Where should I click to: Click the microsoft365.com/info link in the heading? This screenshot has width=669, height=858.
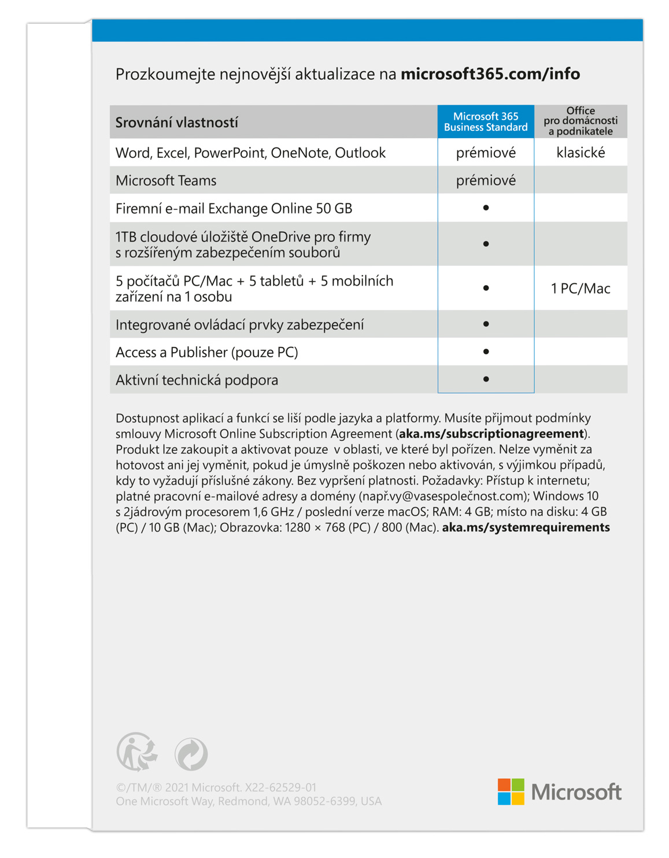click(490, 74)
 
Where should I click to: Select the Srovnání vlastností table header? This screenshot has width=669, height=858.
click(176, 123)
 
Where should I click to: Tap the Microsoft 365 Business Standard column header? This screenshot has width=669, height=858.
click(486, 122)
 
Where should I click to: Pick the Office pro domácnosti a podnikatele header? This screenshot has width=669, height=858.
click(581, 121)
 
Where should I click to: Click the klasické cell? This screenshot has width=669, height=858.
click(581, 153)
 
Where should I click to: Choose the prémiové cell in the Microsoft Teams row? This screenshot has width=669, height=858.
click(486, 180)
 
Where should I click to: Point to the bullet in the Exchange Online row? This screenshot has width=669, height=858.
click(486, 208)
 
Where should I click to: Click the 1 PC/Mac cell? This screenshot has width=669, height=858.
click(581, 289)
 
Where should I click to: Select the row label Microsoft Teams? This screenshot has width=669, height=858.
click(166, 180)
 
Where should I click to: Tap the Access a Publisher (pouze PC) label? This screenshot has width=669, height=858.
click(206, 352)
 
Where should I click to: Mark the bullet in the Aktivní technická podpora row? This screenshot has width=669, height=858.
click(486, 379)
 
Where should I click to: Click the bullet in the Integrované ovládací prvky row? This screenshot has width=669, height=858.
click(486, 324)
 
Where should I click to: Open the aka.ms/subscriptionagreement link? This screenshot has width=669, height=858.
click(491, 434)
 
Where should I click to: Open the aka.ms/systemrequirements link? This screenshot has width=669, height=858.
click(526, 527)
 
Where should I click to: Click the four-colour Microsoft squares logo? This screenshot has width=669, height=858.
click(511, 792)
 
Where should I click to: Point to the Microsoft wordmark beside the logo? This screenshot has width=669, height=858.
click(576, 792)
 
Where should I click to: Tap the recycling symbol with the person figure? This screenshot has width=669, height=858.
click(137, 752)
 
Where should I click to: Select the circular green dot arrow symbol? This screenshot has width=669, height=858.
click(191, 754)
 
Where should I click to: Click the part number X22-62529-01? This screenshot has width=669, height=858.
click(280, 787)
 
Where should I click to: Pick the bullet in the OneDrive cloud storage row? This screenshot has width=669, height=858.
click(486, 244)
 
